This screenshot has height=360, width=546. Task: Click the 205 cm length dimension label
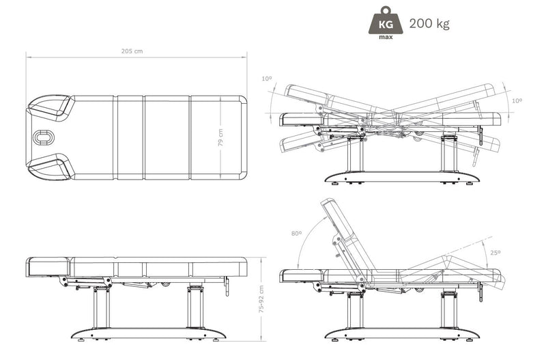pos(132,51)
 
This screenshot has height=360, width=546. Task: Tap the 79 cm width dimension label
pos(220,137)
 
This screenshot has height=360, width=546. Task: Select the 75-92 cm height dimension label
pos(261,299)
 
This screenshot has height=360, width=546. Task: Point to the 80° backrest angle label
pos(297,233)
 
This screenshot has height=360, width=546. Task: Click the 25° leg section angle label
pos(495,253)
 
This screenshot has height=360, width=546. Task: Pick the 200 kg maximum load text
pos(429,24)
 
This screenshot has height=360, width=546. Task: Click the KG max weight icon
pos(386,23)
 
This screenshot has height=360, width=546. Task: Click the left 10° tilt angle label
pos(267,79)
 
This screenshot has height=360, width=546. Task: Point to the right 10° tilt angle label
pos(517,100)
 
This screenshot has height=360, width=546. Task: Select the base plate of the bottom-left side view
pos(149,333)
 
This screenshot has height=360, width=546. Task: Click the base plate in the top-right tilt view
pos(403,177)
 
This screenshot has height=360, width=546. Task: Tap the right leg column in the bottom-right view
pos(449,310)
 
